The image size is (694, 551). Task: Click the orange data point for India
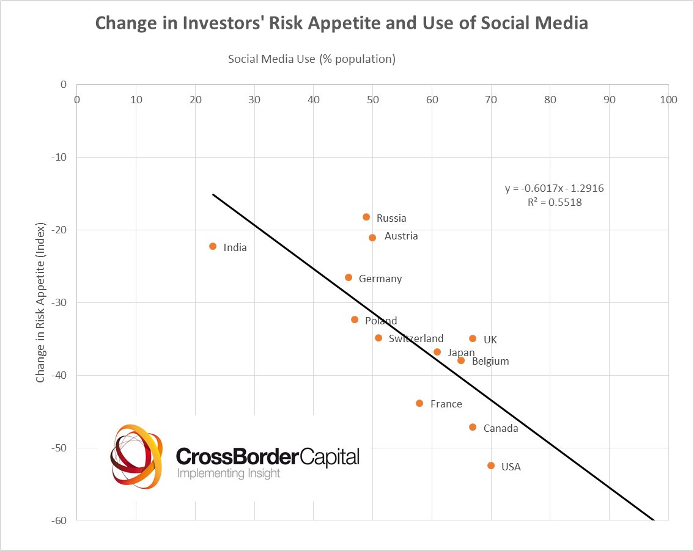tap(213, 246)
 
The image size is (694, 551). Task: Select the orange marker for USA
tap(491, 465)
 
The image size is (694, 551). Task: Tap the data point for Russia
tap(366, 217)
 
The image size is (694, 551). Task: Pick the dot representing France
tap(419, 403)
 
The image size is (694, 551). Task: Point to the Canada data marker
tap(473, 427)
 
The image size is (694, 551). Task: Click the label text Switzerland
tap(416, 338)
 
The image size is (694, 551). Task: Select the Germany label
tap(380, 279)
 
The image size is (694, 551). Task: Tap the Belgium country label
tap(490, 361)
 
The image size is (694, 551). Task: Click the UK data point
tap(473, 338)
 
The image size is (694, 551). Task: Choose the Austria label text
tap(401, 236)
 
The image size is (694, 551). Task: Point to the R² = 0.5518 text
tap(554, 202)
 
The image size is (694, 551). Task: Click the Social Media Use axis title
tap(312, 59)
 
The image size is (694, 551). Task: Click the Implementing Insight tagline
tap(228, 473)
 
